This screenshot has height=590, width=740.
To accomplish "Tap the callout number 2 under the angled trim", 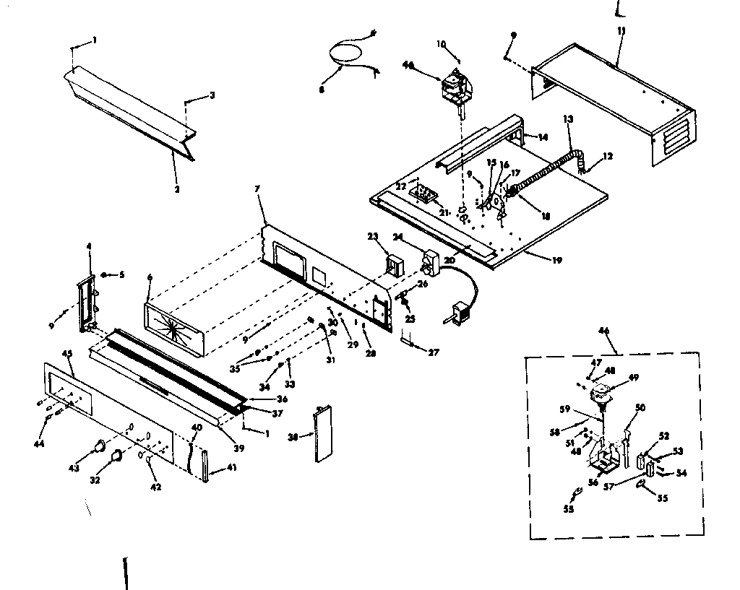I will (x=176, y=189).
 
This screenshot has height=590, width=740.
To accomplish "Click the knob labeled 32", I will (x=116, y=455).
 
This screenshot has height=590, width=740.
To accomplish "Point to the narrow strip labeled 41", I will (x=204, y=465).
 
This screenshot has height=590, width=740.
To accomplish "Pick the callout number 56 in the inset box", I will (x=593, y=483).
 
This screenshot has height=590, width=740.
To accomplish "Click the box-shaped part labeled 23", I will (x=394, y=264).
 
